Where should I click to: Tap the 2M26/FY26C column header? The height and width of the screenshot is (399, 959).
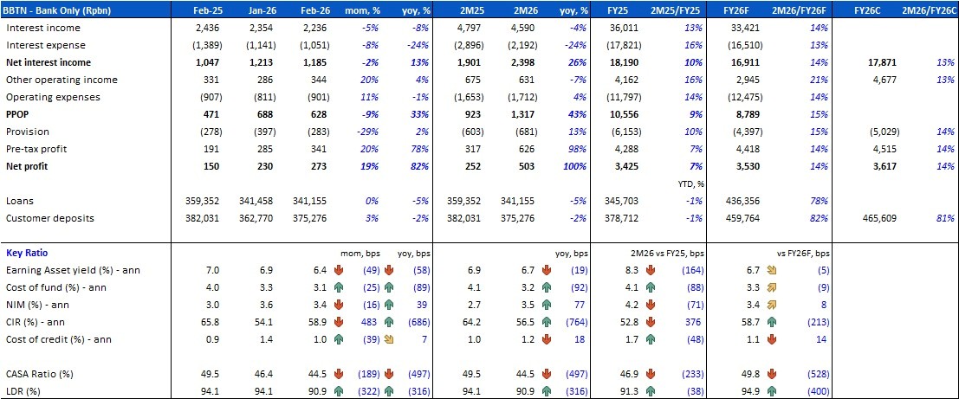tap(925, 10)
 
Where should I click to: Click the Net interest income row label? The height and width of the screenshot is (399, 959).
tap(49, 62)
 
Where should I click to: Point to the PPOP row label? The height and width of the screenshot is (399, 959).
tap(20, 114)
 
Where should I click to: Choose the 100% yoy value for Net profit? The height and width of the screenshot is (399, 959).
tap(575, 166)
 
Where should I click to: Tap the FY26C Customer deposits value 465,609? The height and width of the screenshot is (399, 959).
tap(878, 217)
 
